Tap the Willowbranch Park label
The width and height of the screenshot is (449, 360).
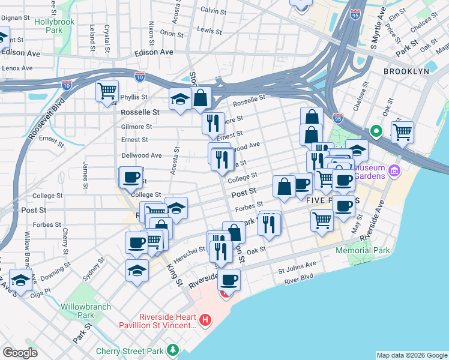pos(86,310)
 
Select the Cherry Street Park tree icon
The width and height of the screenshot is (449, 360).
pos(173,349)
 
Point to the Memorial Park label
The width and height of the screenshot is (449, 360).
pos(363,250)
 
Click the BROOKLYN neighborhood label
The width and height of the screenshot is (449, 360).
pos(406,71)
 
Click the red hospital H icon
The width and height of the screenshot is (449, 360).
pos(205,320)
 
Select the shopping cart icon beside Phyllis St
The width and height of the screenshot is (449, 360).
pos(107,92)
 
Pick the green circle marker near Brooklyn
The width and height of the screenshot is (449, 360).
pos(376,130)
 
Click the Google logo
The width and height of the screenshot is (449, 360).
pos(20,352)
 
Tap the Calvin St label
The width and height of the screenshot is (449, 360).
pos(212,10)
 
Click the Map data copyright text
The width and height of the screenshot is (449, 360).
pos(412,355)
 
